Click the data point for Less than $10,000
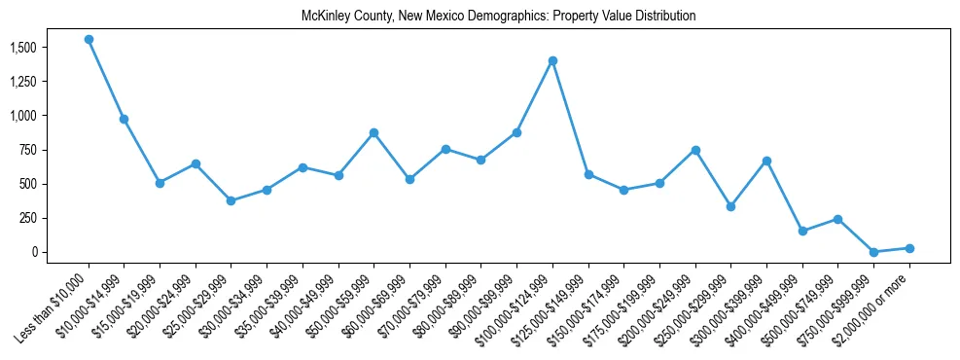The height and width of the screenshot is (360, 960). click(x=89, y=40)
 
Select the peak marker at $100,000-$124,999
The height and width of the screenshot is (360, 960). click(x=552, y=60)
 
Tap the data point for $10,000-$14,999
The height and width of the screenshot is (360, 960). click(x=124, y=119)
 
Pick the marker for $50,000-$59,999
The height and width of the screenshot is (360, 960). click(x=373, y=132)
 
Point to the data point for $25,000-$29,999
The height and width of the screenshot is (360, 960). click(x=231, y=200)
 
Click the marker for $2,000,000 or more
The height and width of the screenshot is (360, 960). click(x=909, y=248)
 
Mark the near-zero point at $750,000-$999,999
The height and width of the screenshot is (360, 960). click(x=873, y=252)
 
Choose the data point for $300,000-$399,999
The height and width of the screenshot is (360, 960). click(x=766, y=161)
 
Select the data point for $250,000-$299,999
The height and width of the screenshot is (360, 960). click(x=730, y=206)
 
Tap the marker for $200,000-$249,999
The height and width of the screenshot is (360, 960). click(x=695, y=150)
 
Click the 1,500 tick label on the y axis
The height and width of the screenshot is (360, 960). click(x=22, y=48)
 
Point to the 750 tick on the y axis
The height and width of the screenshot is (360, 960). click(x=28, y=150)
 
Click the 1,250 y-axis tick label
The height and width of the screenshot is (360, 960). click(x=22, y=82)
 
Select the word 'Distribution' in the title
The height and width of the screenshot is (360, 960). click(x=666, y=17)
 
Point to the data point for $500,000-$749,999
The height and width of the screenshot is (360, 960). click(x=837, y=219)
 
